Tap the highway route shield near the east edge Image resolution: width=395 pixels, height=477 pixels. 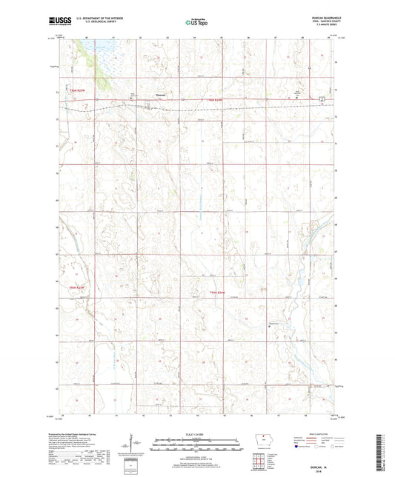coord(321,98)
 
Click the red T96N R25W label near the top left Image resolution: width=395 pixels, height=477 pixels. coord(79,90)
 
